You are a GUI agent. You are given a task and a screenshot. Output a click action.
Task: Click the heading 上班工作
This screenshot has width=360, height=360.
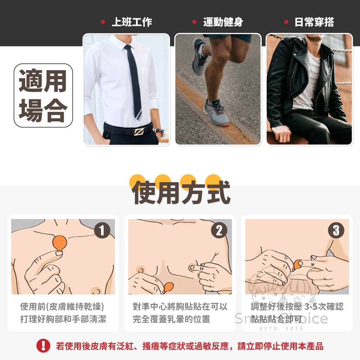point(132,22)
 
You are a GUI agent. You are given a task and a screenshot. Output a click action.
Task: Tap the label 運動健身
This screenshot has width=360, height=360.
point(223,22)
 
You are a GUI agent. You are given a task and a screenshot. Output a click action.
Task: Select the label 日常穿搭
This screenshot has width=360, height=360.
point(314,22)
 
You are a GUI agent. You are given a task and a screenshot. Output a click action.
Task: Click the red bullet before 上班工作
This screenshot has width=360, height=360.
point(103,22)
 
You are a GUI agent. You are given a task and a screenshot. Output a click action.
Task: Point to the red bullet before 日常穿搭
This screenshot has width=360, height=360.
point(286,22)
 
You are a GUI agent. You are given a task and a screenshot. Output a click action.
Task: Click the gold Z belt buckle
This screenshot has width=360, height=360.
point(139,131)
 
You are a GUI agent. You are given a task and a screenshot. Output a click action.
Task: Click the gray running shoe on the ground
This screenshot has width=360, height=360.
point(216,112)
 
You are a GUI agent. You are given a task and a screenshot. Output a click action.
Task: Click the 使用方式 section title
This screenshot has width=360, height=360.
point(181,192)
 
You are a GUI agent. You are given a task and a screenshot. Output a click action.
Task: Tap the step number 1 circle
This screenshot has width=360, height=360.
point(102,230)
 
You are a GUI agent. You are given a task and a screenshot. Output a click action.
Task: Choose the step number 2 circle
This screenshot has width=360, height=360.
point(219,230)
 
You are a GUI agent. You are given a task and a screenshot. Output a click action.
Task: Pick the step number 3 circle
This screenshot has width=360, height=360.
point(336,230)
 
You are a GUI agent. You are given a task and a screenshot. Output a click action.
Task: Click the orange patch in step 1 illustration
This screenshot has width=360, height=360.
point(59,243)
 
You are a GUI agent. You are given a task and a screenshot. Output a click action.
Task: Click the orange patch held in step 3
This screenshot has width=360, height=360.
point(298,264)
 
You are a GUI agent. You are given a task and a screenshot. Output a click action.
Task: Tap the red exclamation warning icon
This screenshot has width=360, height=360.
point(43,346)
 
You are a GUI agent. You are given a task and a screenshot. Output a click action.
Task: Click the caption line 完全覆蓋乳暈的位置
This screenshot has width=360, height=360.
point(171,319)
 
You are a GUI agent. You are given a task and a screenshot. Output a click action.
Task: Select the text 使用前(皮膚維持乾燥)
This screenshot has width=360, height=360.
point(62,306)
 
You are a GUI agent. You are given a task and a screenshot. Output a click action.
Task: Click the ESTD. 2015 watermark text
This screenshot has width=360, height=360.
point(282,329)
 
